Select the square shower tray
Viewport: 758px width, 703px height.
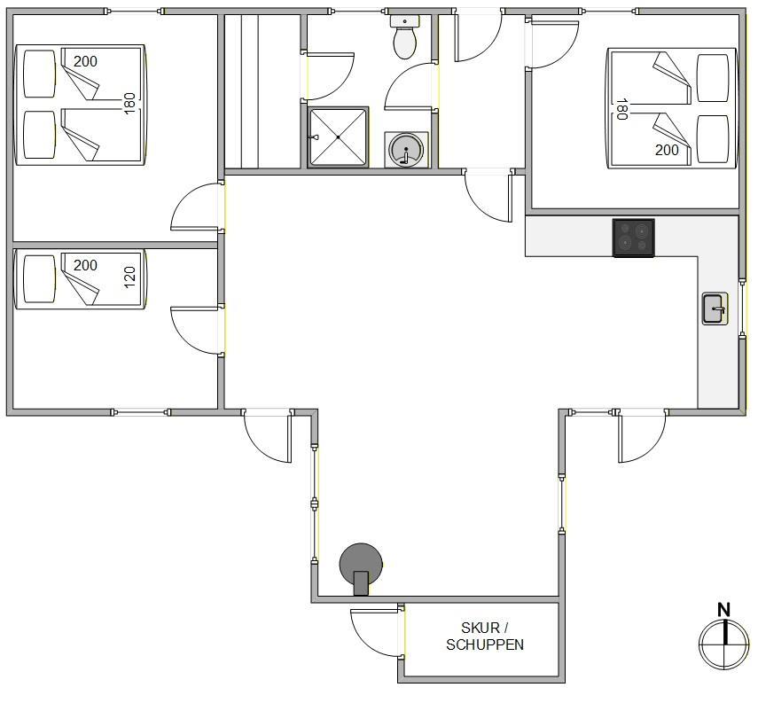coord(338,137)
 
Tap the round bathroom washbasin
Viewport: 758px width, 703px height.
coord(406,150)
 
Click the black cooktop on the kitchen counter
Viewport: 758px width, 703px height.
coord(633,238)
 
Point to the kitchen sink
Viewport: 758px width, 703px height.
coord(715,309)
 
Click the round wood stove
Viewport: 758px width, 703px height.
coord(361,568)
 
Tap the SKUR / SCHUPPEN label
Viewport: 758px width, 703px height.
coord(485,637)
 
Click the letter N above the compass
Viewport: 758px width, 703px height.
coord(723,610)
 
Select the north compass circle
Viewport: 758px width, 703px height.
coord(724,644)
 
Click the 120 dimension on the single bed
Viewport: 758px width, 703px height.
coord(129,277)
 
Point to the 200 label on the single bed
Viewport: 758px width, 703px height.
coord(86,265)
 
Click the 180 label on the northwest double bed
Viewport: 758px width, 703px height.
coord(129,104)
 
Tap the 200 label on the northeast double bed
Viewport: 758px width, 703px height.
coord(667,150)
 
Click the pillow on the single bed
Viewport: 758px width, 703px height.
coord(40,279)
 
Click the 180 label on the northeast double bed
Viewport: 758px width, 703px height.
coord(621,109)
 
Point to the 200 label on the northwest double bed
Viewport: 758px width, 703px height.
coord(86,61)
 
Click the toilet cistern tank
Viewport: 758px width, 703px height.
coord(405,20)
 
